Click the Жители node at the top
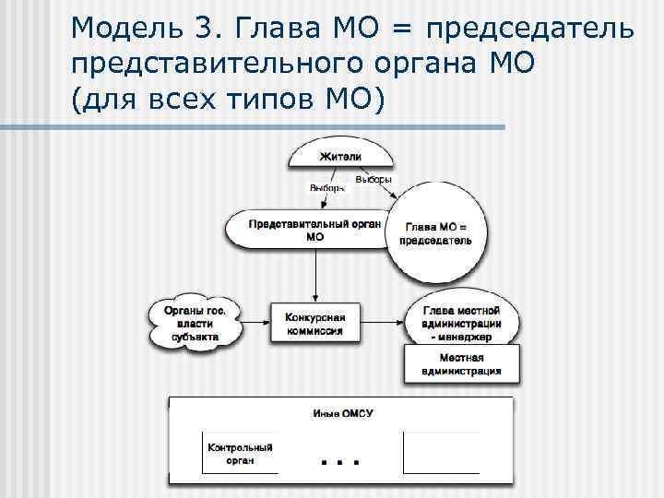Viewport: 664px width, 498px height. click(x=340, y=155)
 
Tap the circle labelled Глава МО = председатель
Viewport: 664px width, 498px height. click(x=435, y=233)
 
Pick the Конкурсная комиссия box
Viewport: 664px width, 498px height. click(x=314, y=324)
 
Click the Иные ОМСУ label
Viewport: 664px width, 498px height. click(x=341, y=413)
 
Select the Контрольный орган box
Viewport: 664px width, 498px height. click(x=240, y=453)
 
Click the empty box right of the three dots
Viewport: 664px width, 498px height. click(x=441, y=453)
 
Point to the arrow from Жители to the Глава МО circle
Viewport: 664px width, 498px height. click(x=386, y=189)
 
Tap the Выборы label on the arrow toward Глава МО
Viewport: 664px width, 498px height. click(x=373, y=179)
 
